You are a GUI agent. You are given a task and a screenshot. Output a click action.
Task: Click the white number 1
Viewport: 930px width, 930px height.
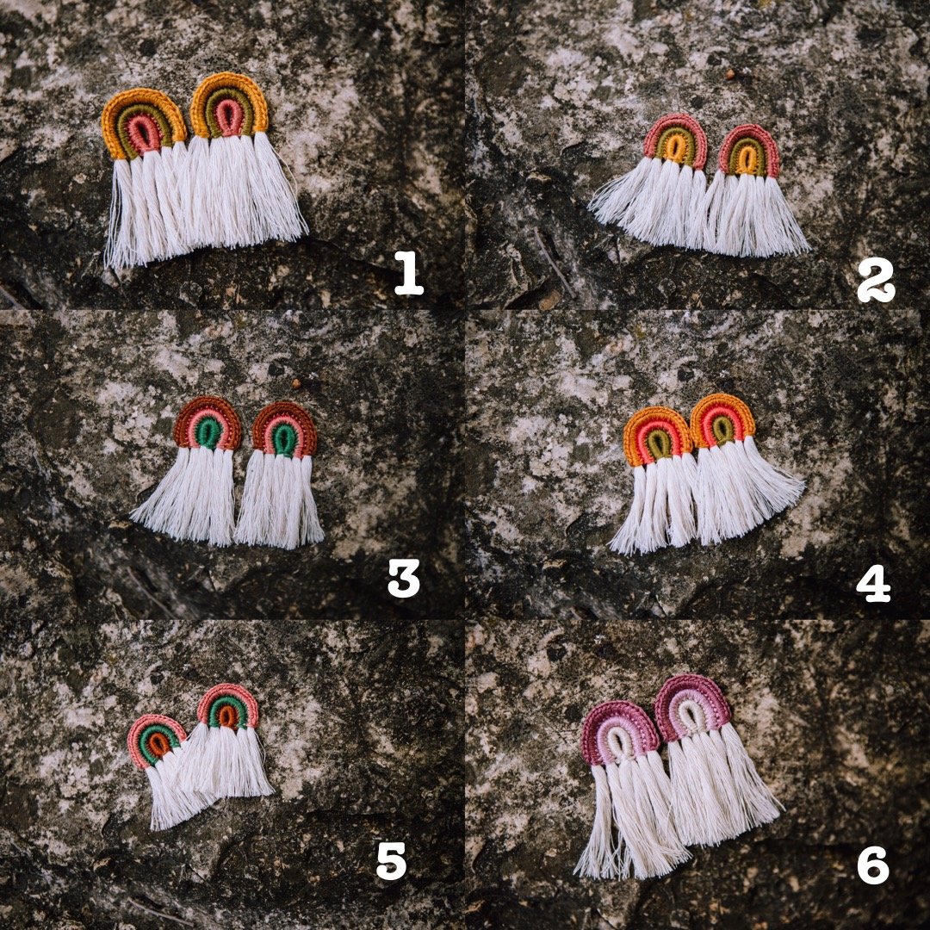(x=409, y=274)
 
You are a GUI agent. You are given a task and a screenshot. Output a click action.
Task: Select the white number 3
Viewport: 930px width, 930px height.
(x=403, y=578)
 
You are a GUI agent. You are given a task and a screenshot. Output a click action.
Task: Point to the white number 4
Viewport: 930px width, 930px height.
(x=873, y=583)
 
